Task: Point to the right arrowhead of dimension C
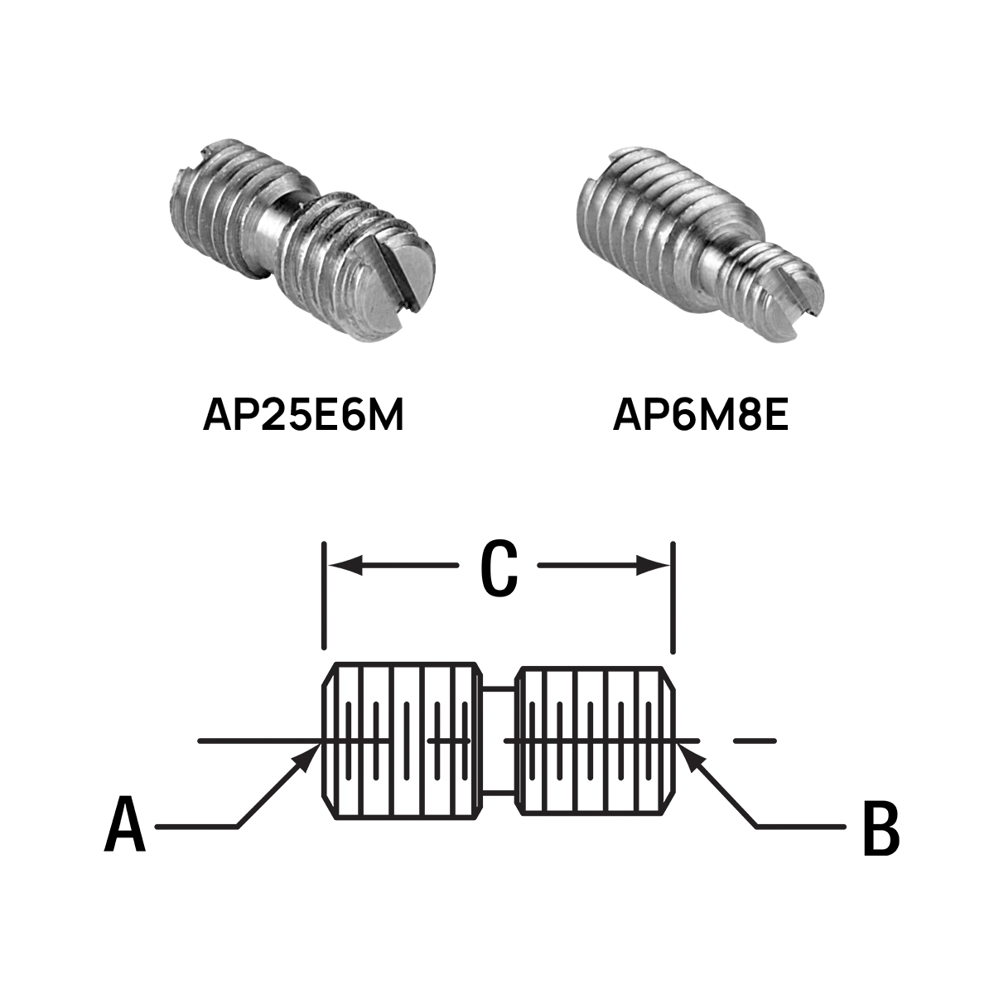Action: (x=653, y=566)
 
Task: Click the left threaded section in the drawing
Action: (x=403, y=741)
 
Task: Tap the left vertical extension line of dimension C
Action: (x=323, y=595)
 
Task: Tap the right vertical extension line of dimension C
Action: (x=673, y=597)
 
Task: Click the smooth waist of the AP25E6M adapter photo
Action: (x=273, y=226)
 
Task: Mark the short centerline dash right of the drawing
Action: (x=755, y=741)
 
